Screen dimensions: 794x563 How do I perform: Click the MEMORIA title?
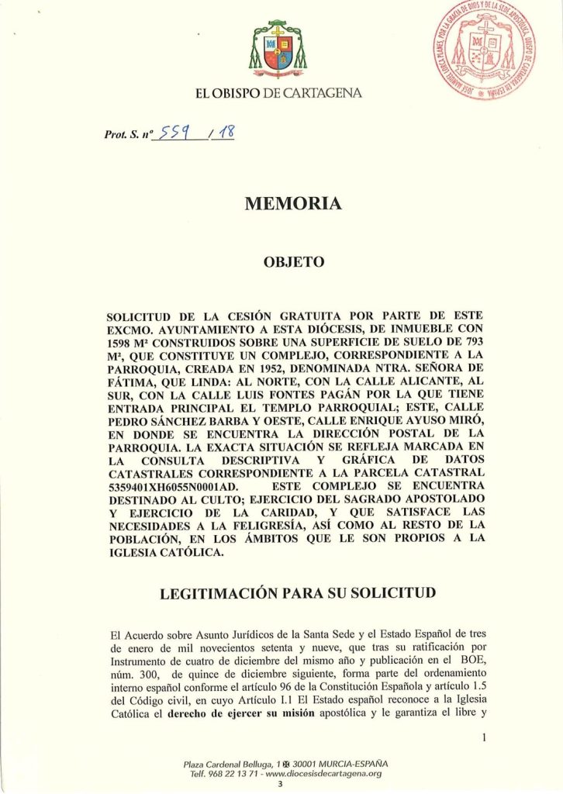293,204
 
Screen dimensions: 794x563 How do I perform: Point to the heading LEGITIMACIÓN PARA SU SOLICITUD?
297,594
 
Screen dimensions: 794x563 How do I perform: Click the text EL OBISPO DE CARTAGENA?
278,94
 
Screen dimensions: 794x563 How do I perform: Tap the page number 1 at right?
482,737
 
